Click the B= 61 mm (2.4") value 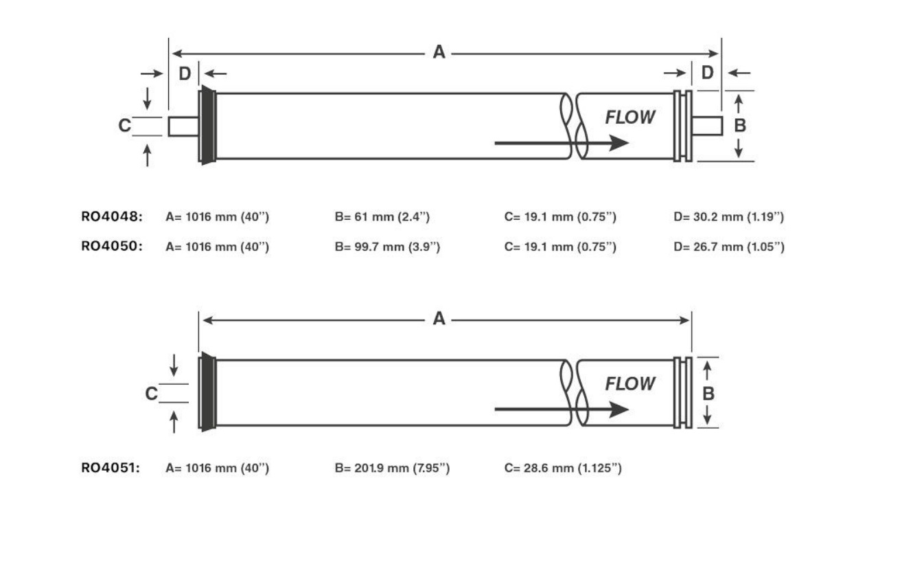pos(382,217)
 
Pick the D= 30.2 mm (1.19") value pos(728,217)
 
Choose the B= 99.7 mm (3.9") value pos(387,246)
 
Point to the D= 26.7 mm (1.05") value pos(728,246)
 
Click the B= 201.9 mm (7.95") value pos(392,468)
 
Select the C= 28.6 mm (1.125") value pos(563,468)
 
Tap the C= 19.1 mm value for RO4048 pos(560,217)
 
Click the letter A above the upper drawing pos(439,52)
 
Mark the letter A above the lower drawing pos(439,319)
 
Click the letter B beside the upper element pos(740,126)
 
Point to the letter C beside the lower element pos(151,394)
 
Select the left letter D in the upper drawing pos(185,74)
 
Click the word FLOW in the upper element pos(630,117)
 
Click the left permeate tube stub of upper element pos(183,126)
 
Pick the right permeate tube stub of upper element pos(707,126)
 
